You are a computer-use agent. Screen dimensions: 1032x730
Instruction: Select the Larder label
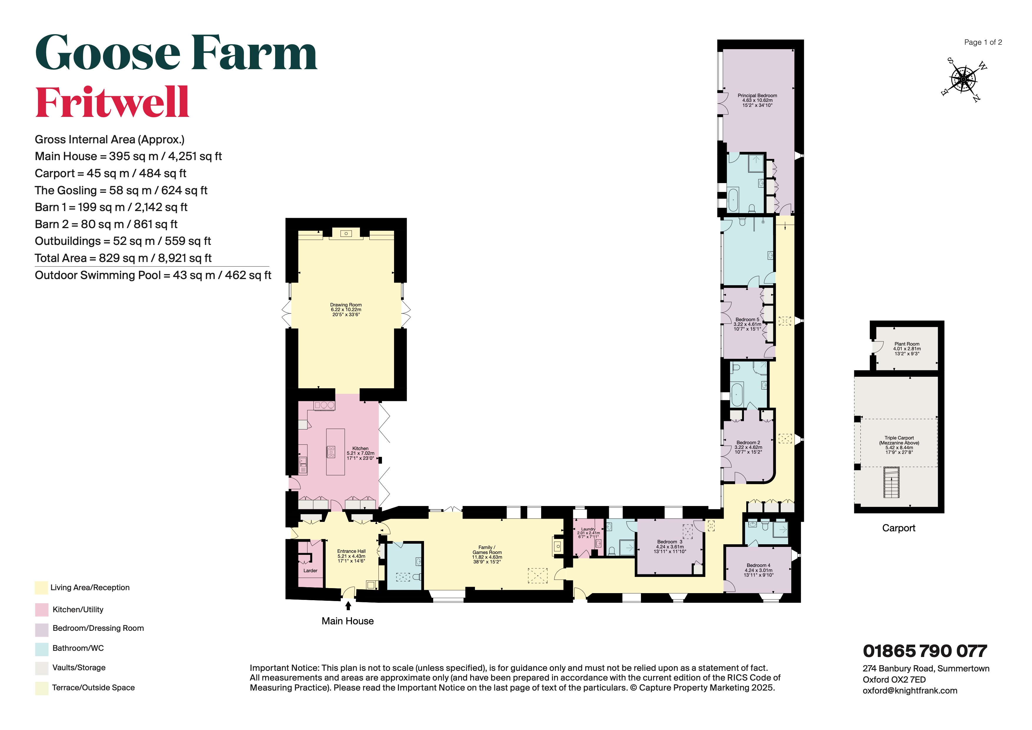coord(310,570)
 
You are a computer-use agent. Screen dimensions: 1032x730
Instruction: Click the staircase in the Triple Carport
coord(891,482)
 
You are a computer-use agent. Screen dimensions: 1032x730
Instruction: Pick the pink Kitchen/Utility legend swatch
coord(41,610)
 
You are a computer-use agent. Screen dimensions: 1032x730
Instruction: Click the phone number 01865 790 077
coord(925,651)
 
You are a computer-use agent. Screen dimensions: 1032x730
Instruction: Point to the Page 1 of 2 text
coord(983,42)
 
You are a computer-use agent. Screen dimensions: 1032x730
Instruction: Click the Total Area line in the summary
coord(123,258)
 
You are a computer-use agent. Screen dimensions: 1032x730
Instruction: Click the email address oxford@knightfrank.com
coord(910,691)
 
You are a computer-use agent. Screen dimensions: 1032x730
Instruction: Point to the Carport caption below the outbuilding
coord(898,528)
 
